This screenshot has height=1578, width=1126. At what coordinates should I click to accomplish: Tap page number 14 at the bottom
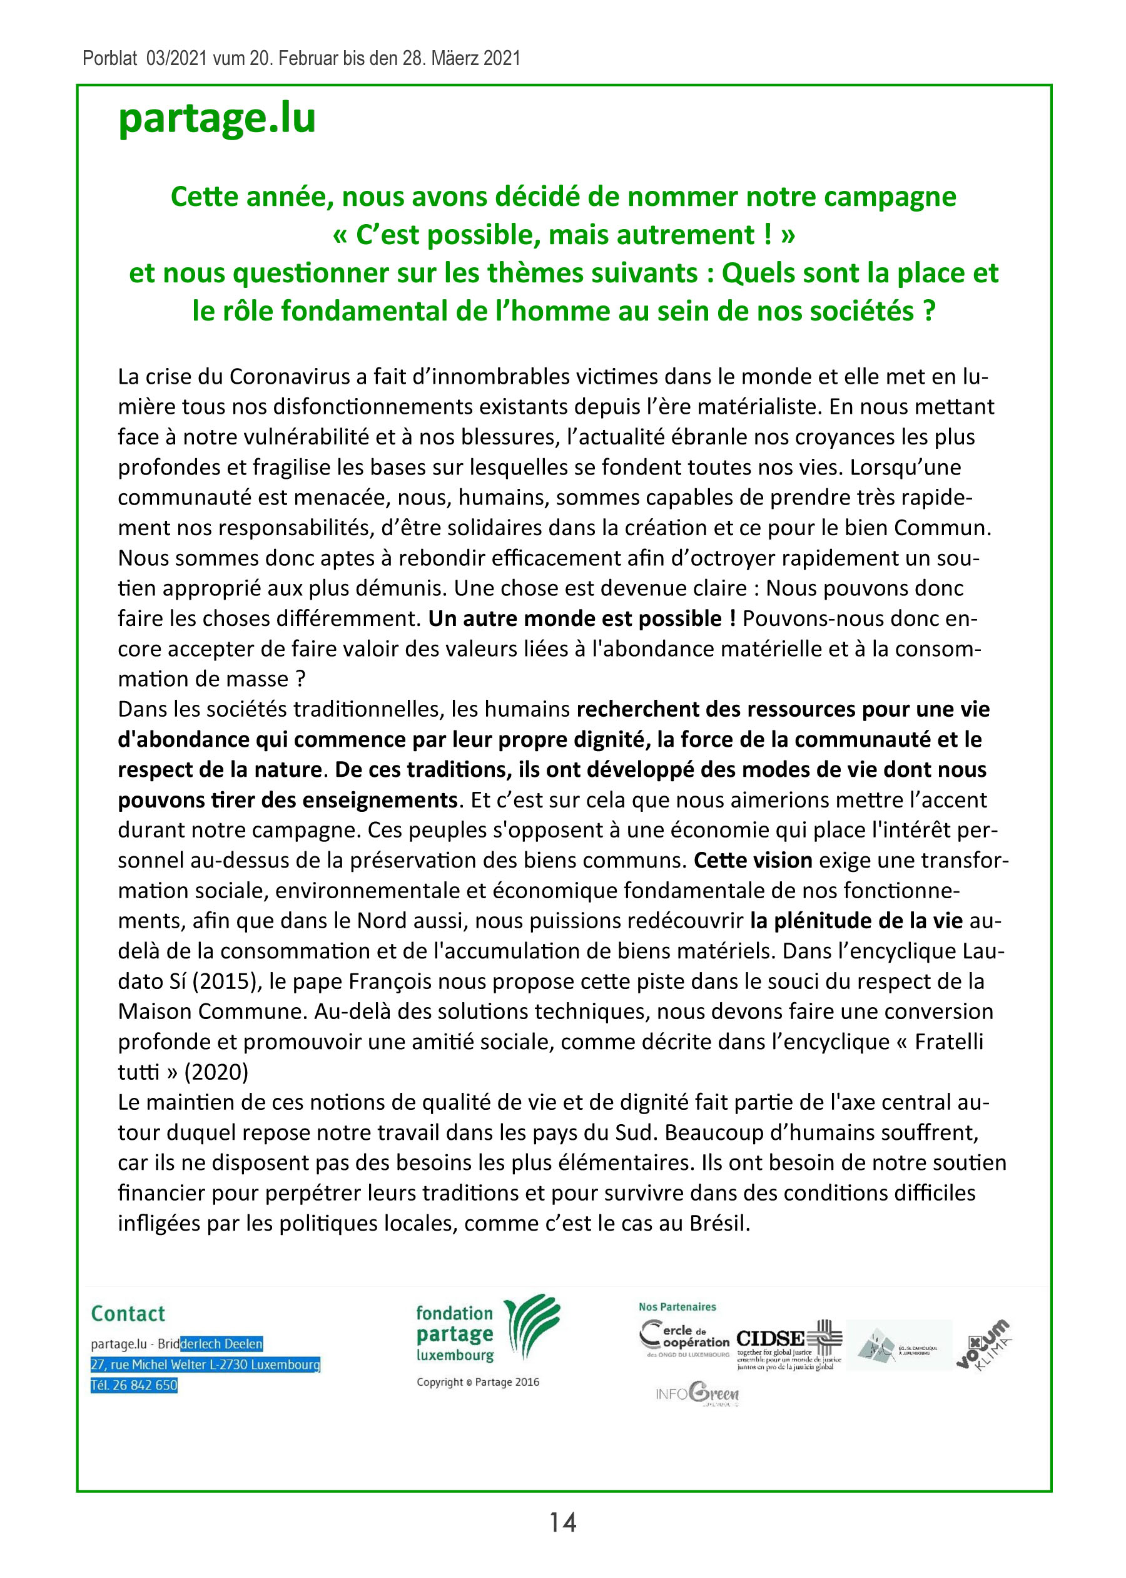click(562, 1522)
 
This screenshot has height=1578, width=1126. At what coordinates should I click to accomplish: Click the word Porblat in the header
click(109, 58)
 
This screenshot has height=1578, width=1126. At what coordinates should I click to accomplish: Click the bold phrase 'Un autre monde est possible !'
click(582, 618)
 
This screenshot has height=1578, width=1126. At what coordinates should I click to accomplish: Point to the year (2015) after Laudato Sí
click(222, 981)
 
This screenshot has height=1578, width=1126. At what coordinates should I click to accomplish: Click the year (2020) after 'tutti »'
click(216, 1072)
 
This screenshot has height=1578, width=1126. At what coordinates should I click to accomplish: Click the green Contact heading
click(128, 1314)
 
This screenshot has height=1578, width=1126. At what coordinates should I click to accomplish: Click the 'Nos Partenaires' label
click(677, 1307)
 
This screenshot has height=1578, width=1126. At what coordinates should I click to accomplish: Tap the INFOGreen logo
click(697, 1393)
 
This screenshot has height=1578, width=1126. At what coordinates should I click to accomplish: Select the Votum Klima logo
click(983, 1346)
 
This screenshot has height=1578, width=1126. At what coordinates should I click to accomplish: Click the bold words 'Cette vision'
click(753, 861)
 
